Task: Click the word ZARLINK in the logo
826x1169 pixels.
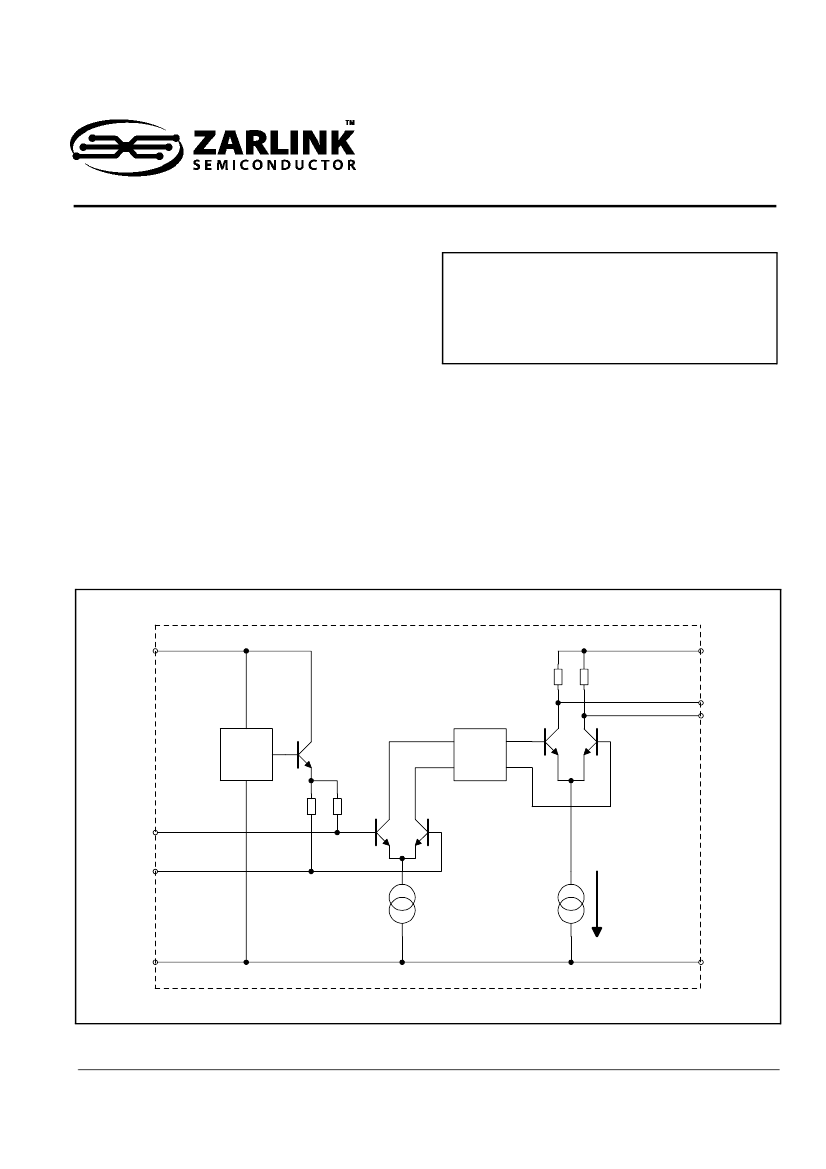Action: click(274, 143)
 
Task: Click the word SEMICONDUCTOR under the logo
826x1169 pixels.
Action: click(274, 166)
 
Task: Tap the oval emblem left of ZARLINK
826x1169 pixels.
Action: click(127, 147)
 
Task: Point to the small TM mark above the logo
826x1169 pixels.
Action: click(350, 122)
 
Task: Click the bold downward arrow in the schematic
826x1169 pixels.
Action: click(596, 903)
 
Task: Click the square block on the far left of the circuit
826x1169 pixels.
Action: click(246, 754)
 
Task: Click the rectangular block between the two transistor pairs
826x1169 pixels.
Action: click(480, 754)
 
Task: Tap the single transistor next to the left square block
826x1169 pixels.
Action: click(304, 755)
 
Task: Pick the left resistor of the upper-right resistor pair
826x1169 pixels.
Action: click(558, 677)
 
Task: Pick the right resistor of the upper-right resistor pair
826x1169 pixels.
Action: click(584, 677)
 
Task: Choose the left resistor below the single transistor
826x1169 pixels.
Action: click(312, 806)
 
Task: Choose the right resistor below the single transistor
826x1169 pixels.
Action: click(338, 806)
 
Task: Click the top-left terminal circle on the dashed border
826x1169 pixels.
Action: click(155, 651)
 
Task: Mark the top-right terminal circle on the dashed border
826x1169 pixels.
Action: click(701, 651)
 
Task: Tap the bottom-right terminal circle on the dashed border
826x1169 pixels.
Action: click(701, 962)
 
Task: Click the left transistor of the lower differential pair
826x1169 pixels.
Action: click(383, 833)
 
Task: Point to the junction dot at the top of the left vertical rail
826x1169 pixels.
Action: click(246, 651)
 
